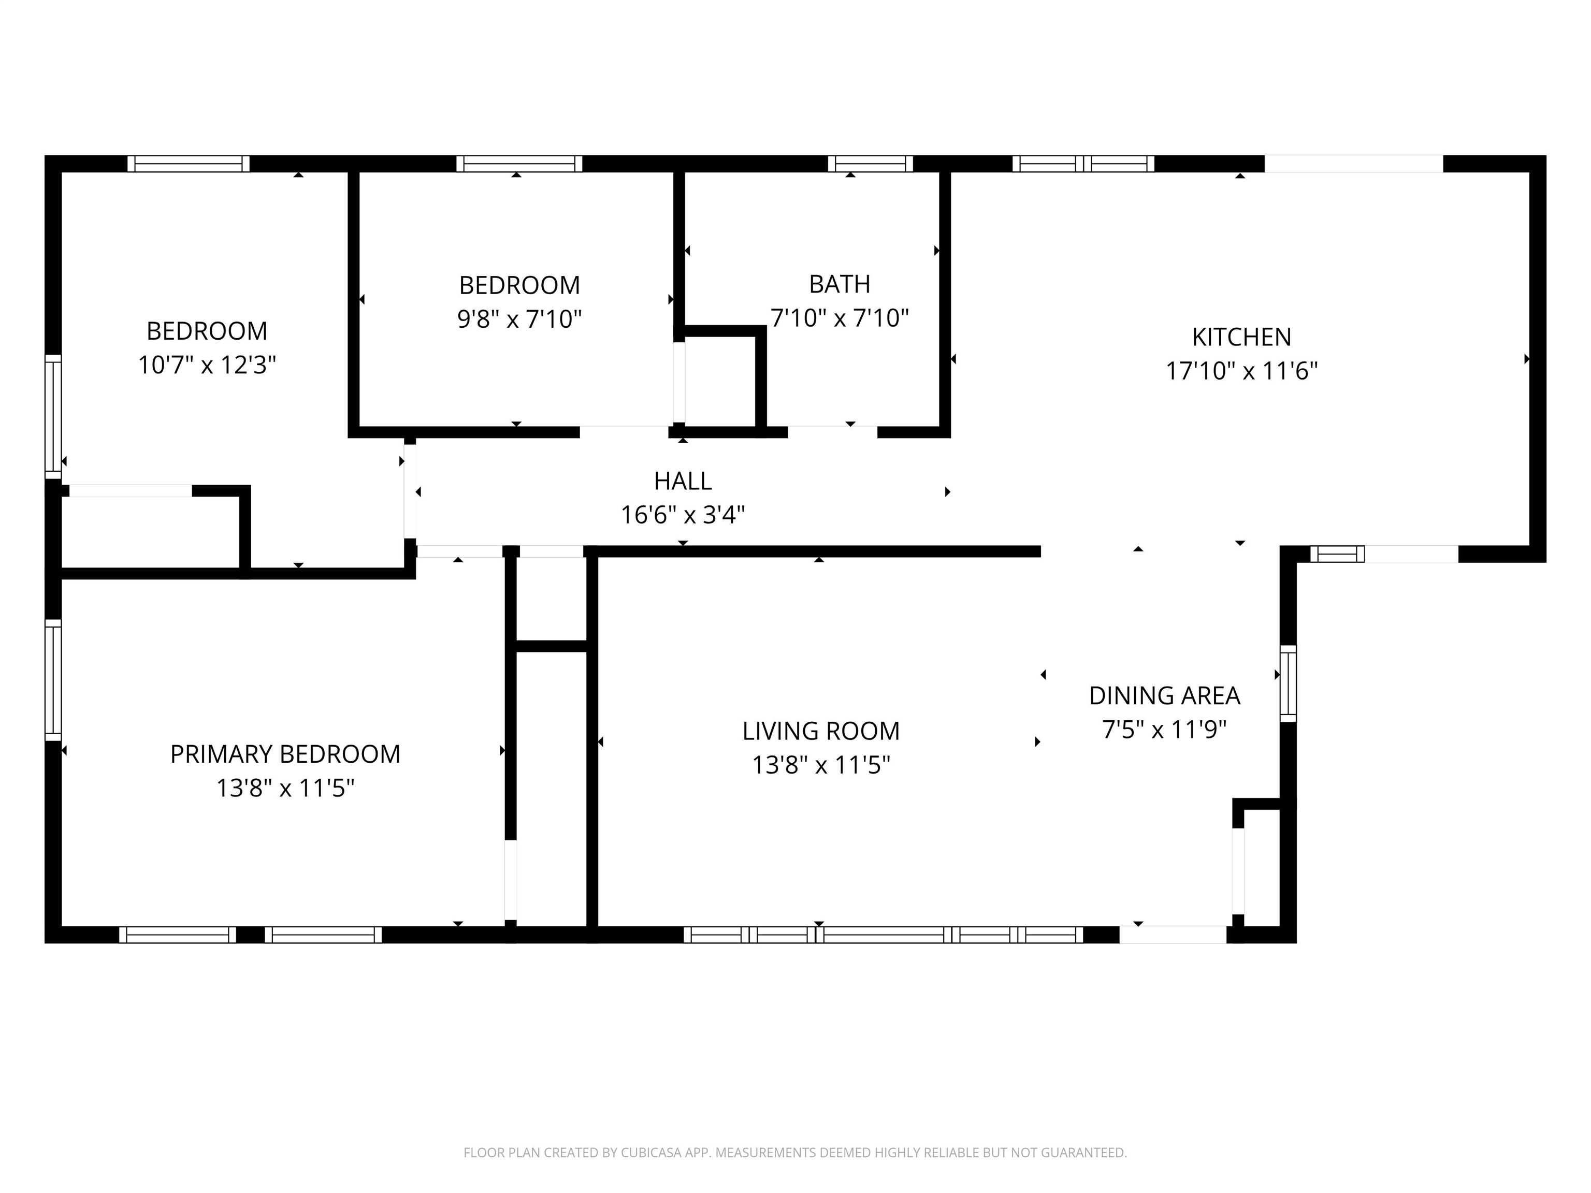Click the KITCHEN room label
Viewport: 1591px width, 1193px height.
point(1241,337)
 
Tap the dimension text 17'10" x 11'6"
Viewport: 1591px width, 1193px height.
point(1241,372)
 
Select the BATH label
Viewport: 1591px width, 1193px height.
point(840,285)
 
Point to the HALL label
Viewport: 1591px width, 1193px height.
point(683,481)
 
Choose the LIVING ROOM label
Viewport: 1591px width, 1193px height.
point(821,731)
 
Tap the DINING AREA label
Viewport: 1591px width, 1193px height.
point(1164,696)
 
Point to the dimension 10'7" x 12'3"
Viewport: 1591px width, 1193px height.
point(207,366)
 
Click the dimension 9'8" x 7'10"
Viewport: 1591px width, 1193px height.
point(519,319)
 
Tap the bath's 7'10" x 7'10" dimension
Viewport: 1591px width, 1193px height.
point(840,318)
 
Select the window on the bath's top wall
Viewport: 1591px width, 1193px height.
point(870,164)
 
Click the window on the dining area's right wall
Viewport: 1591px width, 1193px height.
point(1288,683)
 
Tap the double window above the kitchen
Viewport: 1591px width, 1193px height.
point(1083,164)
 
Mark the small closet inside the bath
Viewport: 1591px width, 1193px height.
point(719,381)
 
